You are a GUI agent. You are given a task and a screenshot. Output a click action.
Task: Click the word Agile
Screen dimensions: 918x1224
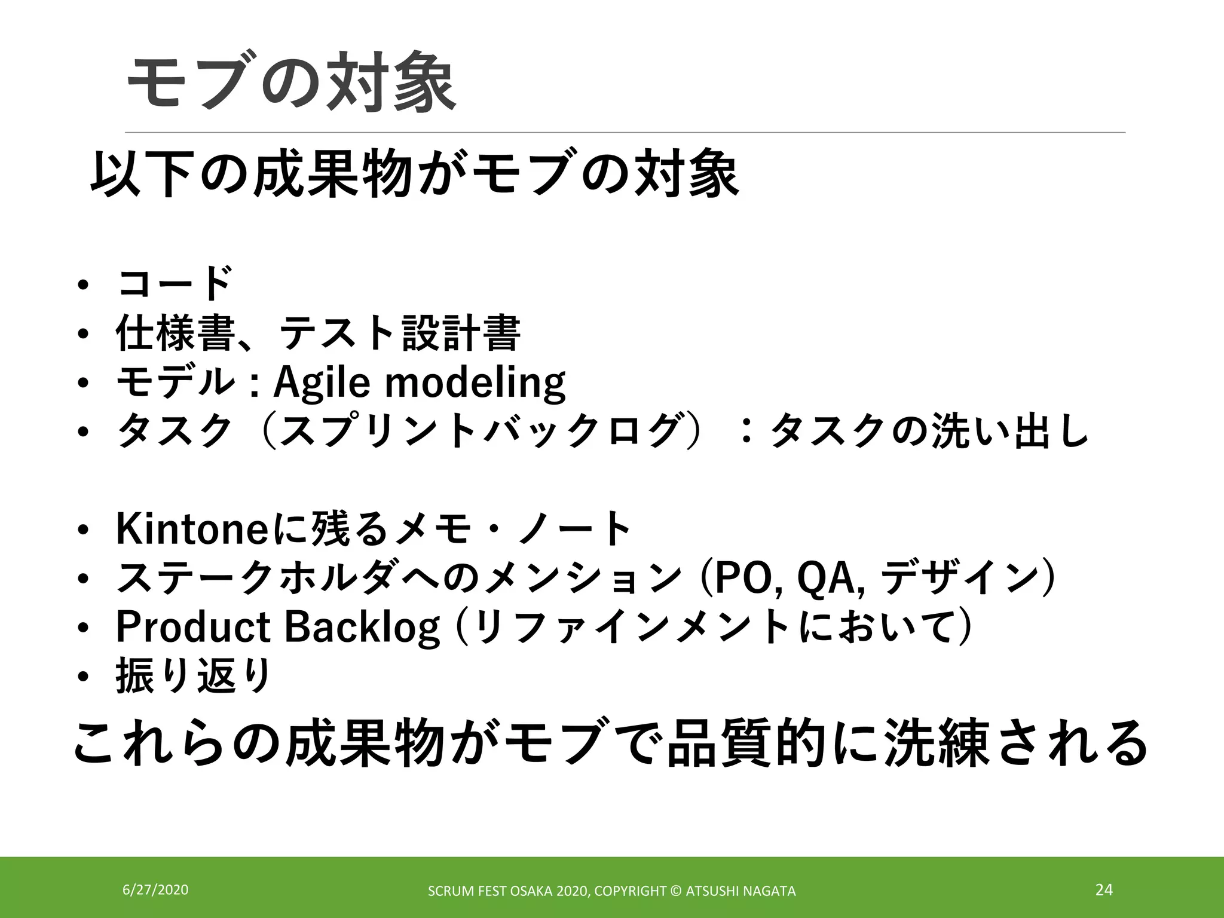click(322, 382)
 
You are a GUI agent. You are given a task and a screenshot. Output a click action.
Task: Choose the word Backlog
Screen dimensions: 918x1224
click(362, 627)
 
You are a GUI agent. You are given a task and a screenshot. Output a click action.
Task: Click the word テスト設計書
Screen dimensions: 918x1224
click(399, 332)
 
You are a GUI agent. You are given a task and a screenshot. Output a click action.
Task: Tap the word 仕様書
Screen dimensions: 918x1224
click(174, 332)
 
